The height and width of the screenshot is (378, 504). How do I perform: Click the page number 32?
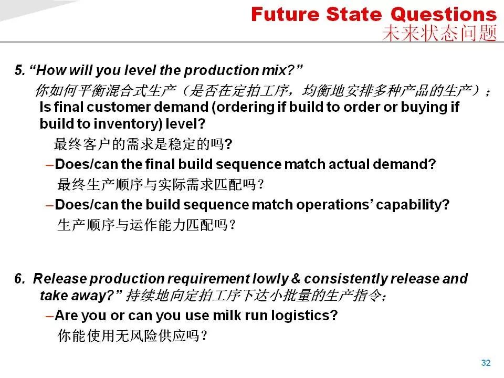(x=486, y=363)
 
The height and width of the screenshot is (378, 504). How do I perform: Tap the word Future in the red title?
(x=286, y=15)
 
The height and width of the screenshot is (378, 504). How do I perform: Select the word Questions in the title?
(x=444, y=15)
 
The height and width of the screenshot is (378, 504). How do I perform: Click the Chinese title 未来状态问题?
(x=439, y=33)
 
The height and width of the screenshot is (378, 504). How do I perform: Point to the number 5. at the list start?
(x=19, y=70)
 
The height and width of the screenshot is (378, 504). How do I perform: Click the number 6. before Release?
(x=19, y=279)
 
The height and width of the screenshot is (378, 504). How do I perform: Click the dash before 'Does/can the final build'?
(x=49, y=165)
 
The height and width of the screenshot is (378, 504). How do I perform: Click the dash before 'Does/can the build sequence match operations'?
(x=49, y=205)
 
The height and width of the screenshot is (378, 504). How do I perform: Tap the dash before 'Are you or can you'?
(x=49, y=316)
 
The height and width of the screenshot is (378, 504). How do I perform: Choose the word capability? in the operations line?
(x=413, y=205)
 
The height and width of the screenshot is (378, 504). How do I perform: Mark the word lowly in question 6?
(x=271, y=279)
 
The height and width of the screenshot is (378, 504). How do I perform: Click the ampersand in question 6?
(x=296, y=279)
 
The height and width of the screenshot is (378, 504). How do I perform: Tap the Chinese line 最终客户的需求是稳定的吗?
(x=143, y=144)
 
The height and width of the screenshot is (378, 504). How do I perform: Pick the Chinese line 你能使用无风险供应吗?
(x=132, y=336)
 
